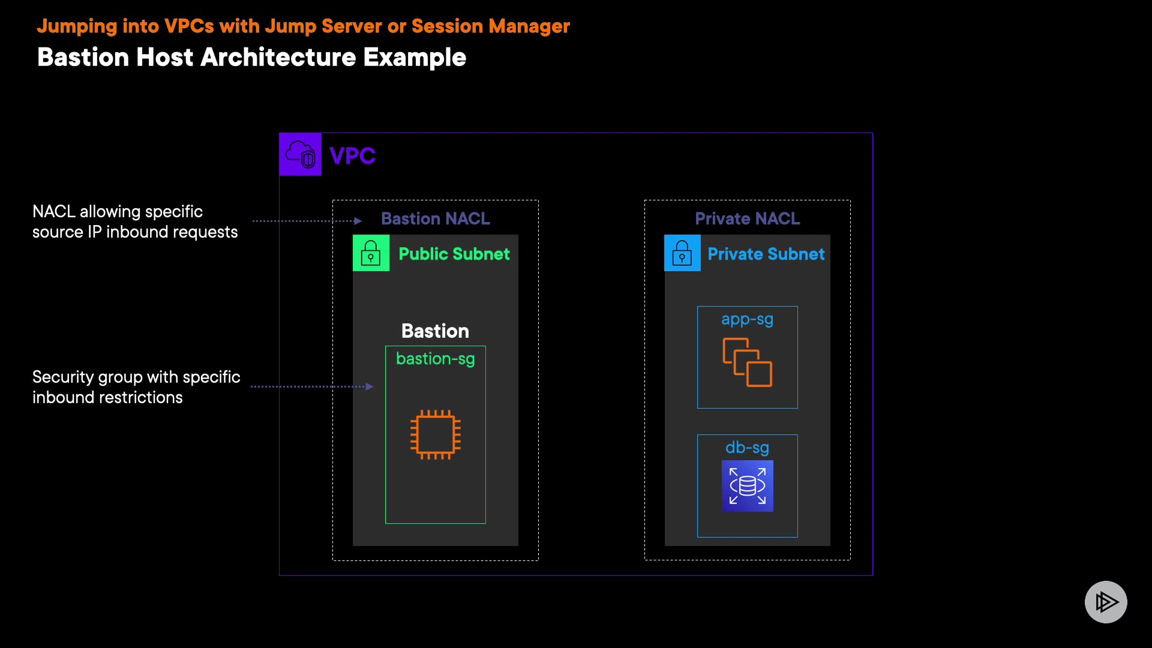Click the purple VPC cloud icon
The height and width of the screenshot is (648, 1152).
301,154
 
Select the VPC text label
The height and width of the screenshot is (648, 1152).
353,156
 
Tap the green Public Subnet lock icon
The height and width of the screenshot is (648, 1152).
371,253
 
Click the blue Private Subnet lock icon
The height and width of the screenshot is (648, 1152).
682,253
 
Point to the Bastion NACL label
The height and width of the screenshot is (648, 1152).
436,218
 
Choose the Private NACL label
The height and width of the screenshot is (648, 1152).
748,218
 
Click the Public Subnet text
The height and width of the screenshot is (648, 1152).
454,254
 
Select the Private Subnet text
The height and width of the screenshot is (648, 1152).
766,254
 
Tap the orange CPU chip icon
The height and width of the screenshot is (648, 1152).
436,434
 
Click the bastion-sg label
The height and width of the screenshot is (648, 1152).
436,359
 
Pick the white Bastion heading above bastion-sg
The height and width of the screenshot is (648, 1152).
435,331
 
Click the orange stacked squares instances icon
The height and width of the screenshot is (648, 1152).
748,362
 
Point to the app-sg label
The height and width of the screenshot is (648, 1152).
748,320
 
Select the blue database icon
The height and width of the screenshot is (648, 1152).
748,486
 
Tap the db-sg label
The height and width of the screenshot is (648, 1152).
748,448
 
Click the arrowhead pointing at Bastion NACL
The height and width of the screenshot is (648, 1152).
358,221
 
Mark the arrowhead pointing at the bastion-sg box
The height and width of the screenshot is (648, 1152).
370,386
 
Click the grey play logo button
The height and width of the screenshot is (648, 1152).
1106,602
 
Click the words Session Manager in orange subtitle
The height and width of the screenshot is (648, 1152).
491,26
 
